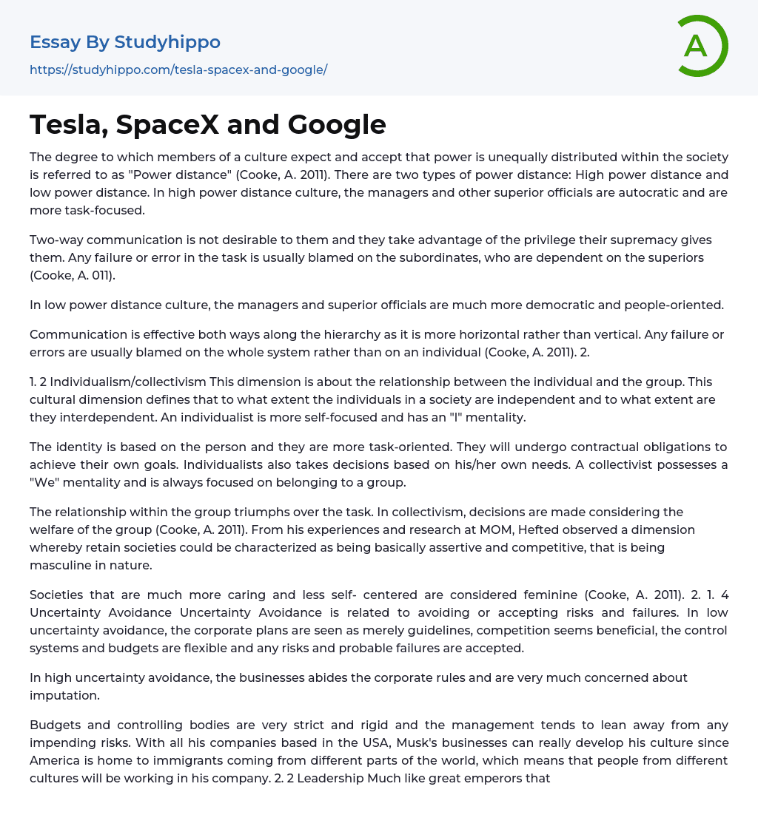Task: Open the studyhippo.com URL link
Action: tap(178, 70)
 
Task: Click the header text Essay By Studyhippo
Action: tap(125, 42)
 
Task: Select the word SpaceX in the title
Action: tap(168, 124)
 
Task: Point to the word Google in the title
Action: tap(337, 124)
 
